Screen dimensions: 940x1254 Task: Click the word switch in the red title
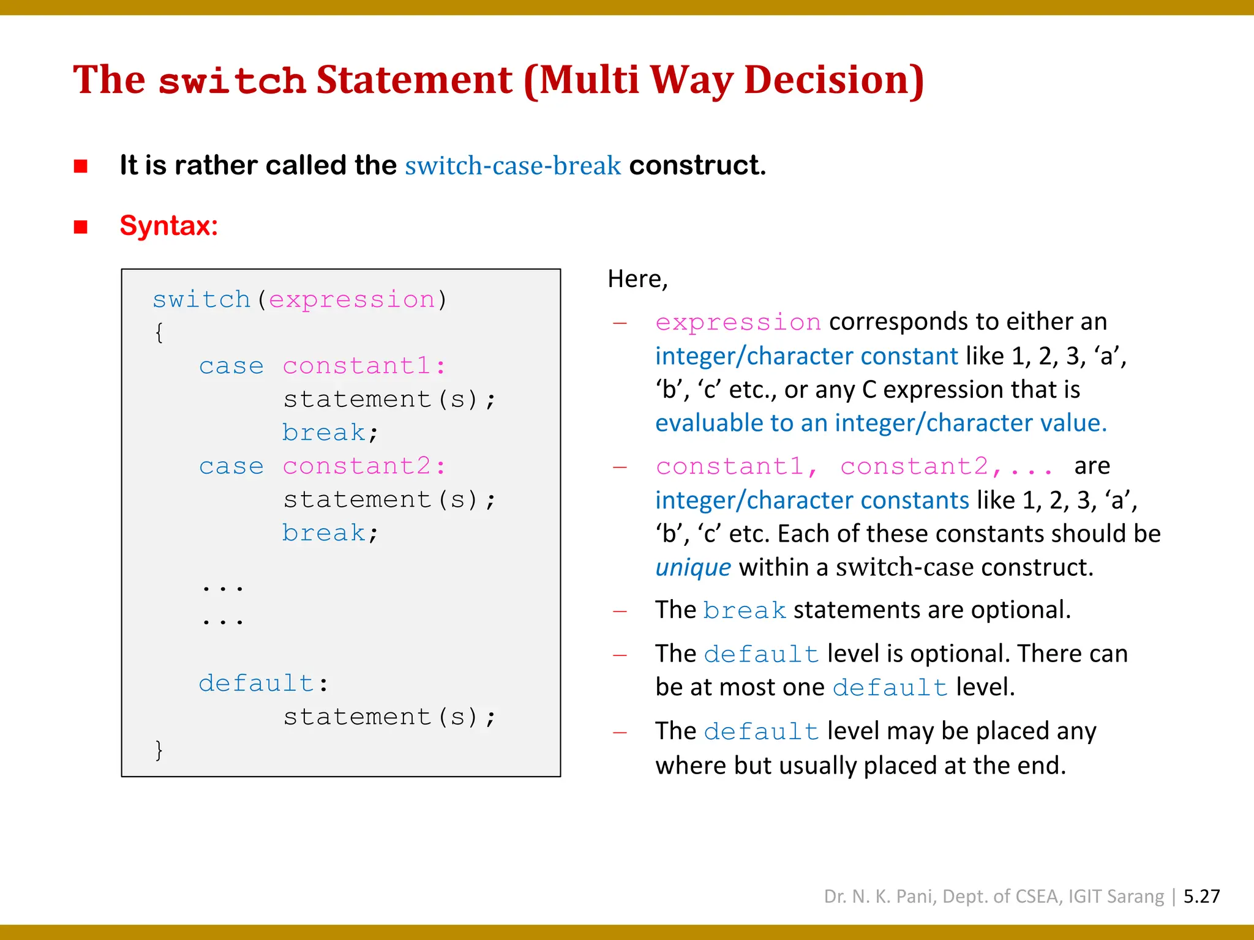[x=231, y=81]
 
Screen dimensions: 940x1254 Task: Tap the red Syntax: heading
[x=169, y=226]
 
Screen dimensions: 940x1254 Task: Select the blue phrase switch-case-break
[x=512, y=166]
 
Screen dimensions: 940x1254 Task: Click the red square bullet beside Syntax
[x=81, y=227]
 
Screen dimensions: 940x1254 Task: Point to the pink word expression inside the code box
[x=351, y=300]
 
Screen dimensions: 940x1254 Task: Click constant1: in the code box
[x=364, y=366]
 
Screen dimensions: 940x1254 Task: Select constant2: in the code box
[x=364, y=466]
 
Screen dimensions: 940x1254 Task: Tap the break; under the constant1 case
[x=329, y=433]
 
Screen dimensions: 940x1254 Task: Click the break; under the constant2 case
[x=329, y=533]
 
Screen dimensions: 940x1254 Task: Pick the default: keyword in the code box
[x=263, y=683]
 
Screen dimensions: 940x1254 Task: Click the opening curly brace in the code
[x=159, y=333]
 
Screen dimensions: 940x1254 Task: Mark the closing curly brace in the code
[x=159, y=750]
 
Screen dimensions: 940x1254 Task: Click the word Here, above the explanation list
[x=637, y=279]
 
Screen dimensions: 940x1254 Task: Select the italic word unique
[x=693, y=567]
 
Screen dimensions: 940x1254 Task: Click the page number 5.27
[x=1201, y=897]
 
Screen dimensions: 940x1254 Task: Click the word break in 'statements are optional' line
[x=745, y=611]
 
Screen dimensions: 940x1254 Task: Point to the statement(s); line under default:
[x=389, y=717]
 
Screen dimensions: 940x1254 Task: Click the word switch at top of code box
[x=201, y=300]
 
